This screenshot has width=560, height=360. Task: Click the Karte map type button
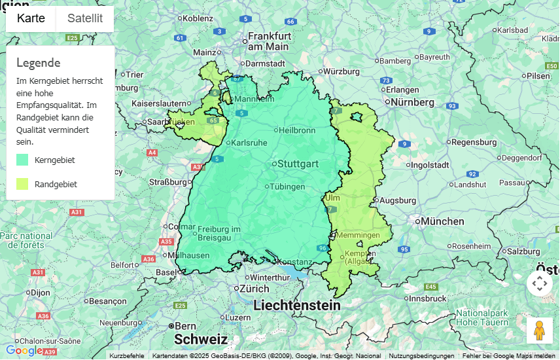click(31, 18)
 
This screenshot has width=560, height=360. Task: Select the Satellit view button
click(85, 18)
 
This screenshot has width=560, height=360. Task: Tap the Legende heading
click(38, 63)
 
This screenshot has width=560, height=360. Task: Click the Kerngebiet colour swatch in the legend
click(22, 159)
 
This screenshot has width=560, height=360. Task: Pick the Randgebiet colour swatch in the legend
click(22, 184)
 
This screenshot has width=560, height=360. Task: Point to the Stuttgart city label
click(298, 164)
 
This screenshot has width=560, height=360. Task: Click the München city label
click(442, 222)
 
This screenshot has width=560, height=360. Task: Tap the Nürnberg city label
click(412, 102)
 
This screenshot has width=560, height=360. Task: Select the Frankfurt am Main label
click(269, 41)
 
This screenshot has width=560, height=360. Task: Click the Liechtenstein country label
click(297, 306)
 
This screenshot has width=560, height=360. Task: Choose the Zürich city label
click(254, 289)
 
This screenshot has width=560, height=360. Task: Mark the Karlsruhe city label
click(249, 143)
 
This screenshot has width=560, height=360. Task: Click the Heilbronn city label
click(297, 130)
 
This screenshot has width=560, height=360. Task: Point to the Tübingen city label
click(287, 187)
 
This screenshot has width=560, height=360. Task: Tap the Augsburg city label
click(398, 200)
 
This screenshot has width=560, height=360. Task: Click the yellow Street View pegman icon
click(539, 331)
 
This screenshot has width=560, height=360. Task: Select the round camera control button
click(539, 283)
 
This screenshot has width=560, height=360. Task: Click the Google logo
click(24, 351)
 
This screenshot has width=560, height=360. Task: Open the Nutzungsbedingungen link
click(421, 356)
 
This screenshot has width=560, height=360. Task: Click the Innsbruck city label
click(432, 298)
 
